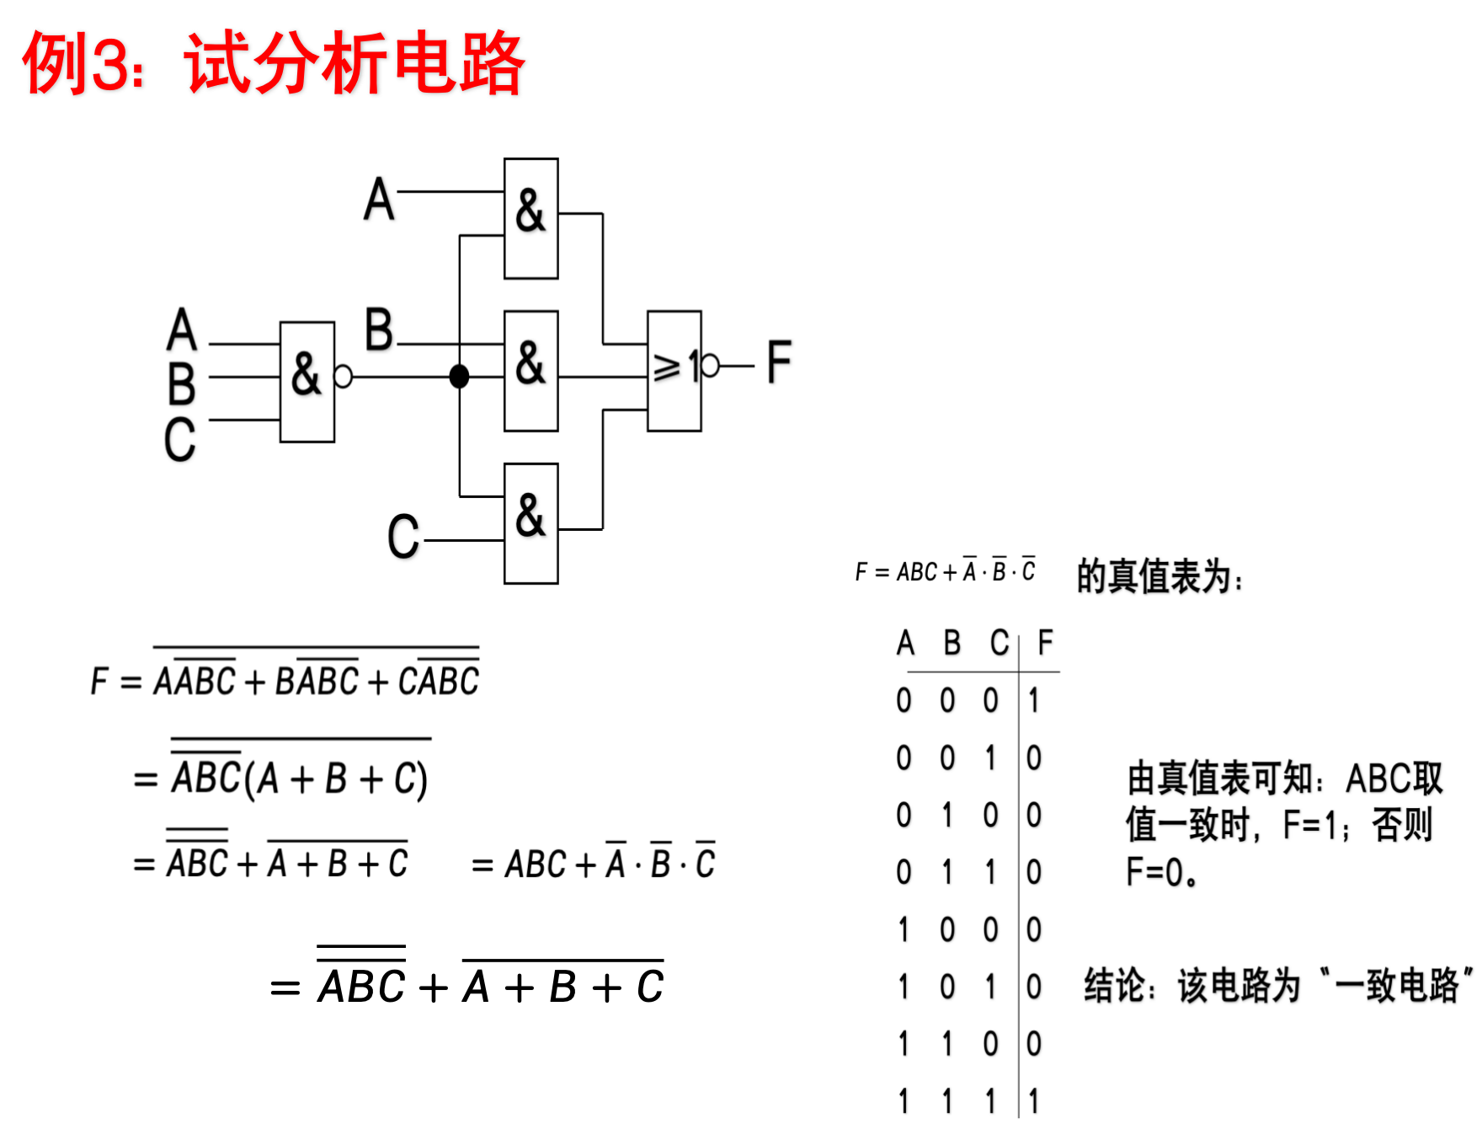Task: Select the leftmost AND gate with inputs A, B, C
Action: click(x=307, y=381)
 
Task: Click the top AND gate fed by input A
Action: click(x=530, y=217)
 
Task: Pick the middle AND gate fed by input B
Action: click(x=530, y=371)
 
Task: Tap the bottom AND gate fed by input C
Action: click(x=530, y=522)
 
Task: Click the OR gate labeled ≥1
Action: click(x=674, y=371)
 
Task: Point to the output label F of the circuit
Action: click(x=779, y=362)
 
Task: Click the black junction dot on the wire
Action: click(x=459, y=376)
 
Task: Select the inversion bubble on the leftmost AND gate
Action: click(x=343, y=376)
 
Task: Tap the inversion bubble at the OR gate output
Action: click(x=711, y=366)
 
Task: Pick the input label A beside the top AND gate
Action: click(x=379, y=200)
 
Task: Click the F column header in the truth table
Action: click(x=1045, y=643)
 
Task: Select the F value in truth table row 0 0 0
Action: click(x=1034, y=700)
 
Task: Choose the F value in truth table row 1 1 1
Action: click(x=1034, y=1101)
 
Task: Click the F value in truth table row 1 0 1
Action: click(x=1034, y=987)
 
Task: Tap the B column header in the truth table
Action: click(x=952, y=643)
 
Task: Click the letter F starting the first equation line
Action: click(x=99, y=681)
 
